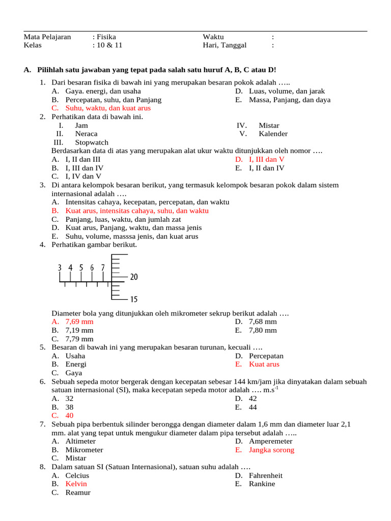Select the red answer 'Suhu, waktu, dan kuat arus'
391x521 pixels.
click(108, 108)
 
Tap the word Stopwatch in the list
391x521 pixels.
click(92, 142)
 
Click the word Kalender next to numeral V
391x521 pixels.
click(273, 134)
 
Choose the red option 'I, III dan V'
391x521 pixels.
click(266, 159)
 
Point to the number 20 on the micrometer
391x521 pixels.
click(134, 277)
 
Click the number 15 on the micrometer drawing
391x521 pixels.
click(134, 299)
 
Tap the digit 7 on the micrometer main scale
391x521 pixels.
click(103, 268)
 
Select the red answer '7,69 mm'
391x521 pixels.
click(79, 322)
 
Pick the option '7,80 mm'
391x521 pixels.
click(263, 330)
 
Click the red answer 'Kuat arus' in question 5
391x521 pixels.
click(264, 364)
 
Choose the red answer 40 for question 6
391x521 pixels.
click(70, 415)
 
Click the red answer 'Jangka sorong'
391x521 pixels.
click(271, 450)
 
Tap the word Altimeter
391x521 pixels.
click(80, 441)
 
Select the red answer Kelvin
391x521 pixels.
click(76, 484)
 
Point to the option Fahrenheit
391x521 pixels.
click(266, 475)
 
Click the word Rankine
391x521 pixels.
click(262, 484)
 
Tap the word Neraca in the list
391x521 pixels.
click(86, 134)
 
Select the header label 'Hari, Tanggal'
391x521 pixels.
click(225, 45)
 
